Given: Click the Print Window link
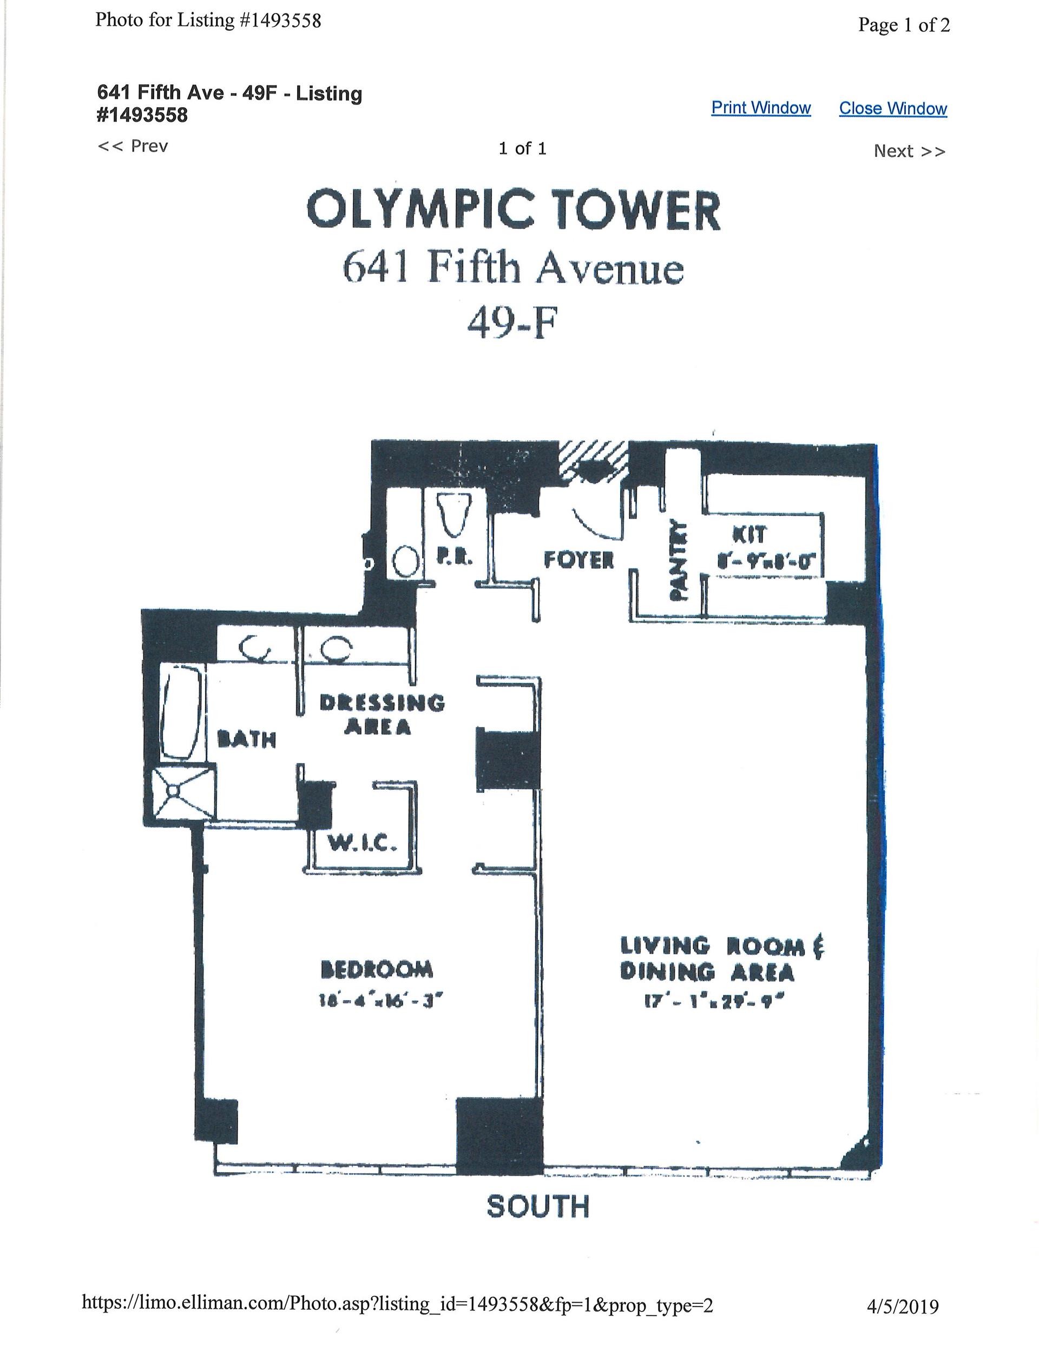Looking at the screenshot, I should coord(761,108).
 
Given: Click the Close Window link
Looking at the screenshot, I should coord(892,108).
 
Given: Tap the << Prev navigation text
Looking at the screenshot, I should coord(133,147).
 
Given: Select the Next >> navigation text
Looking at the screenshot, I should coord(909,152).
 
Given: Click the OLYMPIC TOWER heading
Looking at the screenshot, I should coord(513,211).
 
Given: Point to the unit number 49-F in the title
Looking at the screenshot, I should coord(512,323).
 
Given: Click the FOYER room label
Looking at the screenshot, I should coord(579,559).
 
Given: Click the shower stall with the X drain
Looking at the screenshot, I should coord(175,791).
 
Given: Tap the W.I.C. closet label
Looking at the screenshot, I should coord(361,843).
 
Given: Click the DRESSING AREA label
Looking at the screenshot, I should coord(382,714).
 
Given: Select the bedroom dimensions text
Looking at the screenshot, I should coord(381,1001).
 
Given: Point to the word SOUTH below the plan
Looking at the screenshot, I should coord(538,1206).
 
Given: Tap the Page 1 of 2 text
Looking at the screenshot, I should coord(904,25).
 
